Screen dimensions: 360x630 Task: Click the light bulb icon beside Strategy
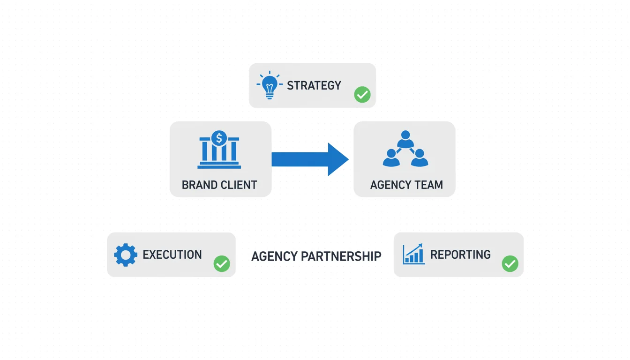pyautogui.click(x=269, y=85)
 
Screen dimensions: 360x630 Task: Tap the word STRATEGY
pyautogui.click(x=314, y=85)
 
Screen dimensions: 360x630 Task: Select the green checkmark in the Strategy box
pyautogui.click(x=362, y=95)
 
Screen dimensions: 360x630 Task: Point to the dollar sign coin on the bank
pyautogui.click(x=219, y=138)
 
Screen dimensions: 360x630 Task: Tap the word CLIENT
pyautogui.click(x=240, y=185)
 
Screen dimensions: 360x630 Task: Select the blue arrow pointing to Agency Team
pyautogui.click(x=310, y=159)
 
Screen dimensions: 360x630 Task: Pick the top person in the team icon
pyautogui.click(x=405, y=139)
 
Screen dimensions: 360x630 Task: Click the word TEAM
pyautogui.click(x=429, y=185)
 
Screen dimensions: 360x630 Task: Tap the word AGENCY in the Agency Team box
pyautogui.click(x=390, y=185)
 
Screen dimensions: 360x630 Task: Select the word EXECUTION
pyautogui.click(x=172, y=255)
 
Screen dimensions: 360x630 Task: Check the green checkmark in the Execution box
pyautogui.click(x=222, y=263)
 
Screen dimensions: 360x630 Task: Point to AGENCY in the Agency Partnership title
pyautogui.click(x=274, y=256)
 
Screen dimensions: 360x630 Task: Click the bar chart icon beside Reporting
pyautogui.click(x=414, y=255)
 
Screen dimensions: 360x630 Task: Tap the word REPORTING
pyautogui.click(x=460, y=255)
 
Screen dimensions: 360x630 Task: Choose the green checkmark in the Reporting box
pyautogui.click(x=510, y=263)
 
